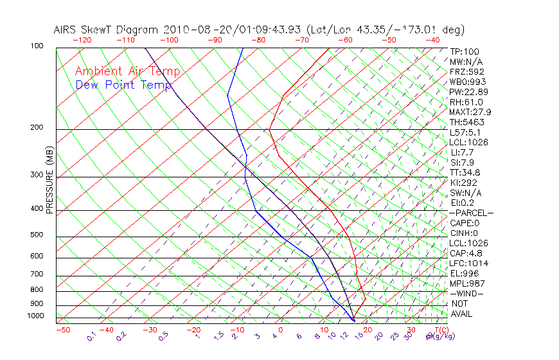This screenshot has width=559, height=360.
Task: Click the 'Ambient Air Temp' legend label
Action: [x=127, y=71]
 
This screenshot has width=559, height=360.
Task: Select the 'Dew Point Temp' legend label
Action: [x=123, y=85]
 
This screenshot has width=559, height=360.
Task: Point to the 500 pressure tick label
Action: [x=37, y=235]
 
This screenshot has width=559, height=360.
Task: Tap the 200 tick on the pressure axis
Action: [x=37, y=127]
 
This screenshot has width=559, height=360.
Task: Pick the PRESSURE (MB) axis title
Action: [x=49, y=181]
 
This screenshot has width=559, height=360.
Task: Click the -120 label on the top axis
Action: [x=82, y=39]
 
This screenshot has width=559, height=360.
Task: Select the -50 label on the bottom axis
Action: [x=62, y=330]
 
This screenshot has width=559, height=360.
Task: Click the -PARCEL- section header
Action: [x=471, y=213]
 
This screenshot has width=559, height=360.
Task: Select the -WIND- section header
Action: [x=466, y=293]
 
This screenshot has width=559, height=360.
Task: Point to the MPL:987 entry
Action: [x=466, y=283]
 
